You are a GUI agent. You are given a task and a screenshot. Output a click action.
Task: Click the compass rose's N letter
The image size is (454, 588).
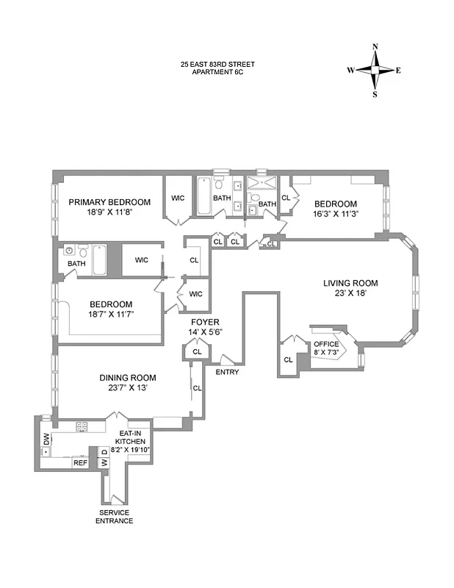click(x=375, y=47)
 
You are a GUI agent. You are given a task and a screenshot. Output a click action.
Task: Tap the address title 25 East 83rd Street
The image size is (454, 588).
click(x=217, y=64)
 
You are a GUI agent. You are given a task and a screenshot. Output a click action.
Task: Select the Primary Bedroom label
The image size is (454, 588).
click(x=109, y=203)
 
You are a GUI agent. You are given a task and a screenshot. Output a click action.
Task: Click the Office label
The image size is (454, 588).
click(x=326, y=344)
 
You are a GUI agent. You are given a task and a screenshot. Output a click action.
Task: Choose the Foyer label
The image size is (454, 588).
click(x=204, y=322)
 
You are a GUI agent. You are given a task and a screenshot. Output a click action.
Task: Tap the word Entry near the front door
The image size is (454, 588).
click(x=226, y=372)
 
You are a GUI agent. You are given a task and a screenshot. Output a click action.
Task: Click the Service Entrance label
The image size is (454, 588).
click(x=114, y=516)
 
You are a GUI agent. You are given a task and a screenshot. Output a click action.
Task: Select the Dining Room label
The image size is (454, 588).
click(x=128, y=378)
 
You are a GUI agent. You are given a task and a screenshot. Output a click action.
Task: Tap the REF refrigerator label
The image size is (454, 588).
click(x=79, y=462)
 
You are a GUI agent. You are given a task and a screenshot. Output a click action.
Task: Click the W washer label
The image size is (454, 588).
click(x=104, y=462)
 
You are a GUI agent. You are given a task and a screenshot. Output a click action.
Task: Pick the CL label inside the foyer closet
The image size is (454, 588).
click(x=197, y=352)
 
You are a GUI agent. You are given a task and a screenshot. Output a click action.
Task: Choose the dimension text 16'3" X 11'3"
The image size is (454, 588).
click(x=336, y=215)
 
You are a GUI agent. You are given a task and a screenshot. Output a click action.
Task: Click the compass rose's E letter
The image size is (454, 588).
click(x=398, y=71)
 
